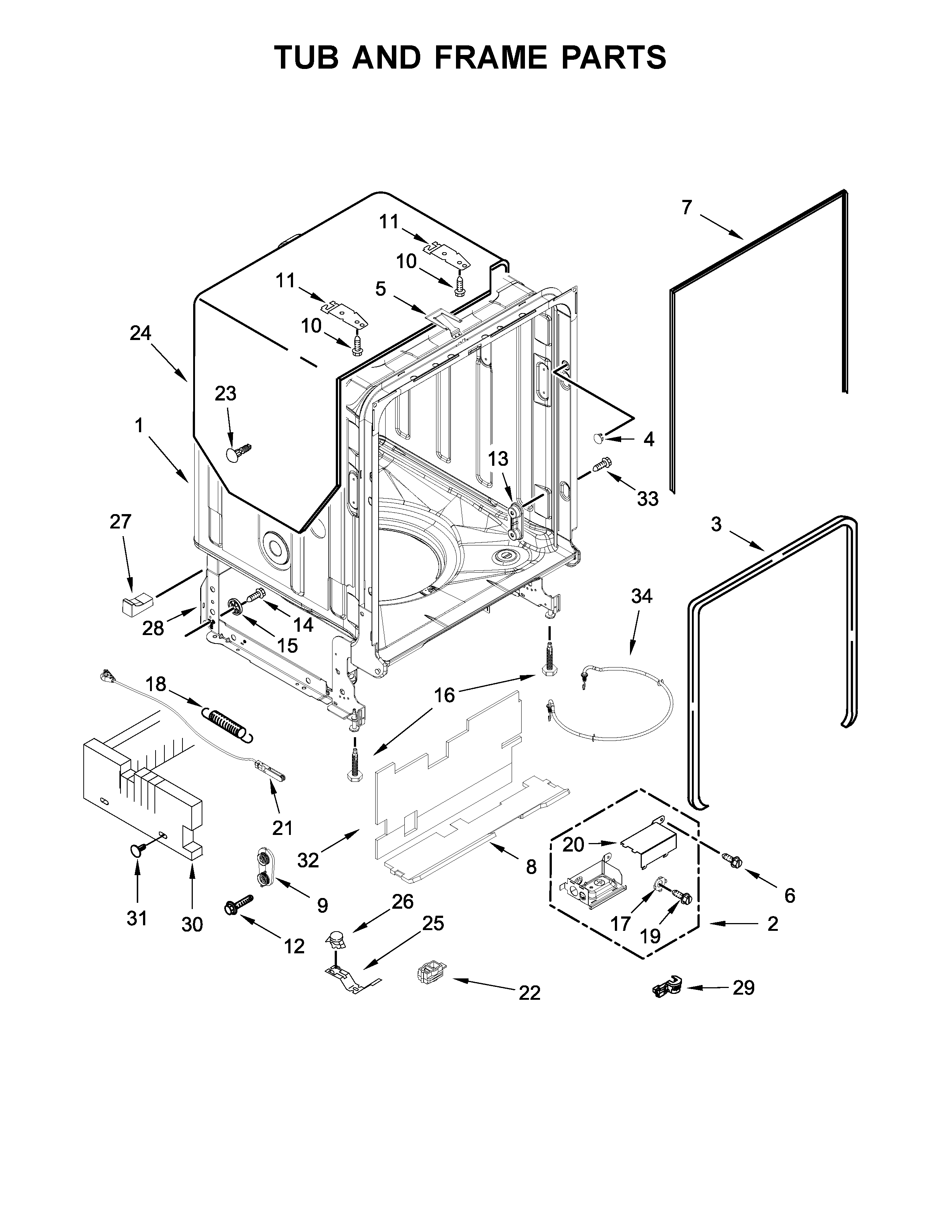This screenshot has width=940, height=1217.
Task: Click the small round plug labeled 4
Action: tap(598, 438)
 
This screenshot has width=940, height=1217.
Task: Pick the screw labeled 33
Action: tap(602, 464)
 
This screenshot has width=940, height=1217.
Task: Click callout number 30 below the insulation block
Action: tap(192, 925)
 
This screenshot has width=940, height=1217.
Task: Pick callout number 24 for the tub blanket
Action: tap(140, 333)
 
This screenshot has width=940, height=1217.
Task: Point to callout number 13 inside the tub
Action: tap(498, 459)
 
